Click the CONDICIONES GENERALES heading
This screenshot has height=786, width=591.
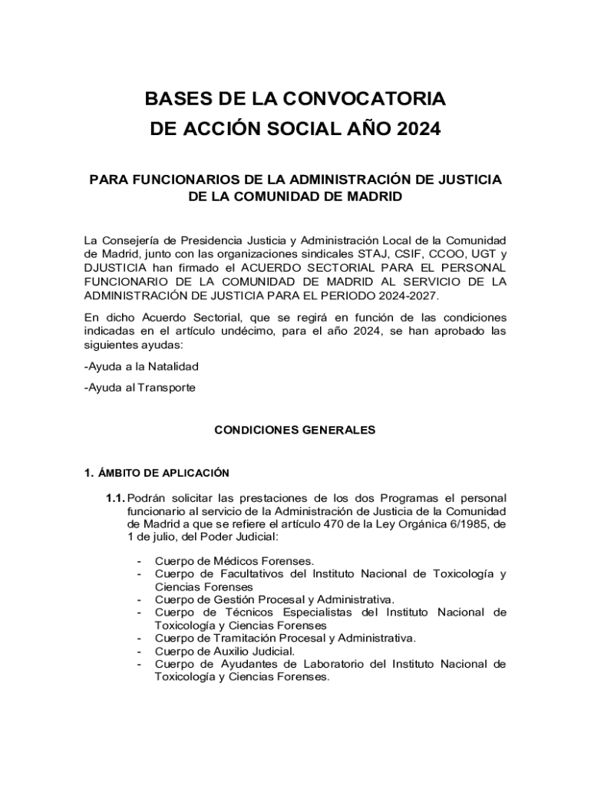295,430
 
